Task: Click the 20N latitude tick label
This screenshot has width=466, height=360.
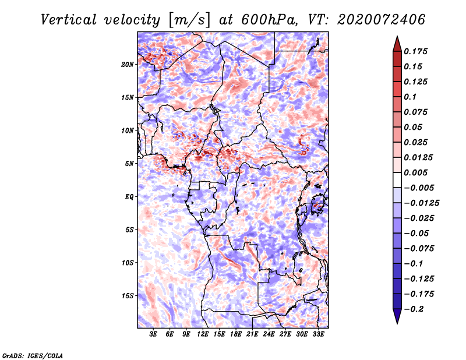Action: [x=127, y=64]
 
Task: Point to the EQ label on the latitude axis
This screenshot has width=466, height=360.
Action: [x=129, y=196]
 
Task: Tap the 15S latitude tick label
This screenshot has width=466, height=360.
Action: [x=127, y=296]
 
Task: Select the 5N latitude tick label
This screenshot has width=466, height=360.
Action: [x=129, y=164]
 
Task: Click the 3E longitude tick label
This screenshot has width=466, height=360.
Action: [x=153, y=334]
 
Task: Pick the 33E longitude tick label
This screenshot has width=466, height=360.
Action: [x=318, y=334]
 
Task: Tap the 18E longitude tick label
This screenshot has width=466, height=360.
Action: [x=236, y=334]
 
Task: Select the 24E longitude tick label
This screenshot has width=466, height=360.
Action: [x=269, y=334]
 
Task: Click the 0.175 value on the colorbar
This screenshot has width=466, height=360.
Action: [x=415, y=51]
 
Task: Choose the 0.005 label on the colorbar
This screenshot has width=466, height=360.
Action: [x=415, y=172]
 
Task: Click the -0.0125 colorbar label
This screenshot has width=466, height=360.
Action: [x=421, y=203]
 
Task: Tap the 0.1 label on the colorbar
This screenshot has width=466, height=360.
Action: [x=410, y=97]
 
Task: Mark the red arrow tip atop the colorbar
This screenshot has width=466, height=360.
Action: [x=397, y=36]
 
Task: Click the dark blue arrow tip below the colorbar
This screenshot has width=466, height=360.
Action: [x=397, y=323]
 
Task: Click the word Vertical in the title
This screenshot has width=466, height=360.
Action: [x=69, y=20]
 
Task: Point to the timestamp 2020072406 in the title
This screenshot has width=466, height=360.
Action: [x=381, y=20]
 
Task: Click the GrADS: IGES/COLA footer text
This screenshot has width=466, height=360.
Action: [x=33, y=355]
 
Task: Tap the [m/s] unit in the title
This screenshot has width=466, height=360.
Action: [x=190, y=20]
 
